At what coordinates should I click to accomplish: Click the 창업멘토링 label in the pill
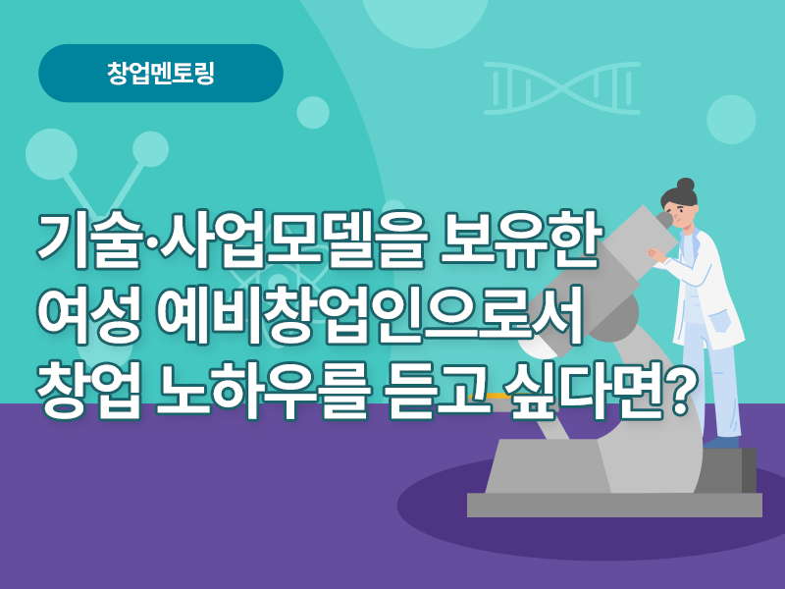pos(161,73)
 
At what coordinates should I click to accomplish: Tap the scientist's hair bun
pos(685,185)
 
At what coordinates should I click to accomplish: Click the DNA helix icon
pos(561,88)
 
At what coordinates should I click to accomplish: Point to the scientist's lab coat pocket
pos(720,321)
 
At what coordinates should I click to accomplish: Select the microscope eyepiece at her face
pos(664,219)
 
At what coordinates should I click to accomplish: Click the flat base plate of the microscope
pos(614,505)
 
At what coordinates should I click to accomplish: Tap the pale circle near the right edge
pos(731,120)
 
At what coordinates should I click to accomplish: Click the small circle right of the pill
pos(313,113)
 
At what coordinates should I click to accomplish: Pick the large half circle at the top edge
pos(425,20)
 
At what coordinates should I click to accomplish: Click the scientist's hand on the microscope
pos(656,254)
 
